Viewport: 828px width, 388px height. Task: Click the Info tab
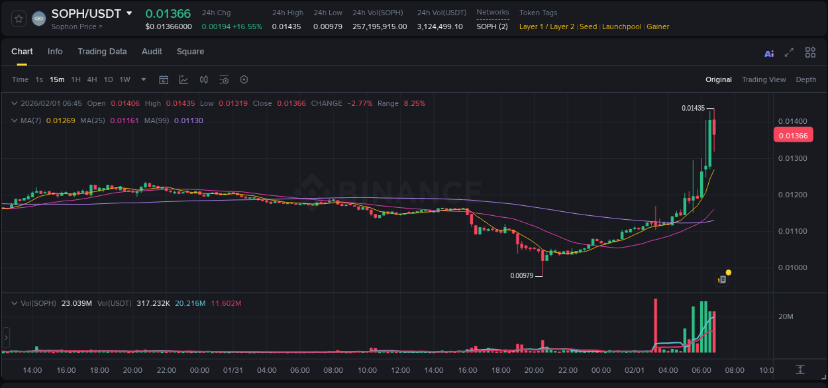point(55,52)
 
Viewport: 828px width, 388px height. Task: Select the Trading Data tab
point(102,52)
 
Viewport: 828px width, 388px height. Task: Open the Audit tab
point(152,52)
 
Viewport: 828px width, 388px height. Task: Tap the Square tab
point(190,52)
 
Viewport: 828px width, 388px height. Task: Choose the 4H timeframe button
point(92,79)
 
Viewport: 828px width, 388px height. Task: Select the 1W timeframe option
point(125,79)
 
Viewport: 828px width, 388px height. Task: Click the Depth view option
point(805,79)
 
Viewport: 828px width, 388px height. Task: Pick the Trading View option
point(763,79)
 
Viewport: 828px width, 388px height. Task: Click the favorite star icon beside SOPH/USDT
point(19,19)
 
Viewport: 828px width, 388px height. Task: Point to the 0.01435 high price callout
point(693,108)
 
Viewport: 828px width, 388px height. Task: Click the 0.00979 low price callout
point(522,275)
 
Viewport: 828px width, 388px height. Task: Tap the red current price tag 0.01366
point(792,136)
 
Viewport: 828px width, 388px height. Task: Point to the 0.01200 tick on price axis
point(792,195)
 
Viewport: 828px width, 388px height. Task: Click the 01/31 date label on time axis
point(233,369)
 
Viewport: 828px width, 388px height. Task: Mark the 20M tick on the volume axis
point(786,316)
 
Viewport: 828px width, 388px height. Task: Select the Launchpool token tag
point(621,26)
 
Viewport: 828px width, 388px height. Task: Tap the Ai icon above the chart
point(769,53)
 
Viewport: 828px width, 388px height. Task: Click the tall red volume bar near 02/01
point(655,326)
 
